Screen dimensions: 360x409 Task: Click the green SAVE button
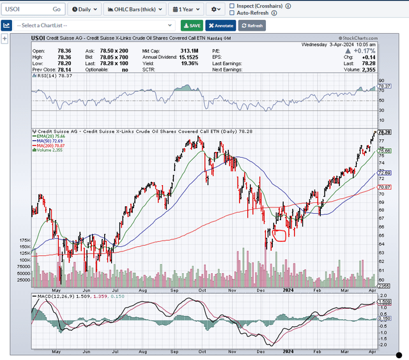(x=192, y=26)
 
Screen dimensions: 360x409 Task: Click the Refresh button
(x=252, y=26)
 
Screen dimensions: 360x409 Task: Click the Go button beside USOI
(x=56, y=10)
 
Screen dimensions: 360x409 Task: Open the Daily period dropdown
(x=84, y=10)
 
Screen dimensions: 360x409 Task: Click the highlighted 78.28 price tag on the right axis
(x=385, y=132)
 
